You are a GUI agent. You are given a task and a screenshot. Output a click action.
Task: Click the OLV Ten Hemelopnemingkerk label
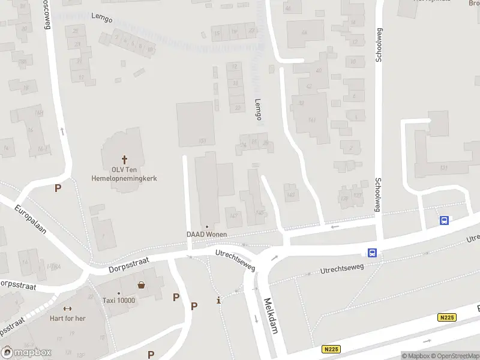coord(124,173)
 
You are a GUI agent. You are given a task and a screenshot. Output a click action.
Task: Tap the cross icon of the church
coord(125,160)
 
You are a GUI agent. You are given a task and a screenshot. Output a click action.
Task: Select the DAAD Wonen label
coord(207,234)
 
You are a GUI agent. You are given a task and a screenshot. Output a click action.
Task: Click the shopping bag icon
coord(142,285)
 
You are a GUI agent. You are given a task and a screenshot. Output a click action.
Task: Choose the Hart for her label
coord(67,318)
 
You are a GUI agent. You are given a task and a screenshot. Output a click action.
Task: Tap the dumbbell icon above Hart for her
coord(67,309)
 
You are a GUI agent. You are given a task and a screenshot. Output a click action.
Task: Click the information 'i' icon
coord(218,300)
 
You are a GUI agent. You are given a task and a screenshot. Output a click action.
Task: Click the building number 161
coord(312,120)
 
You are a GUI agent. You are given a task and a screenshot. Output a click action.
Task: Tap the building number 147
coord(234,215)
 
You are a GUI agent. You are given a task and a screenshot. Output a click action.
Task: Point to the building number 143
coord(292,195)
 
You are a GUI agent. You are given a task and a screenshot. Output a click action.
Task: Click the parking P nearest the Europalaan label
coord(58,188)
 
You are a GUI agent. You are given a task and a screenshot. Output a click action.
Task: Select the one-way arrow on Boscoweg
coord(62,130)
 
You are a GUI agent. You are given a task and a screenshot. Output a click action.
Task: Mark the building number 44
coord(304,32)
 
